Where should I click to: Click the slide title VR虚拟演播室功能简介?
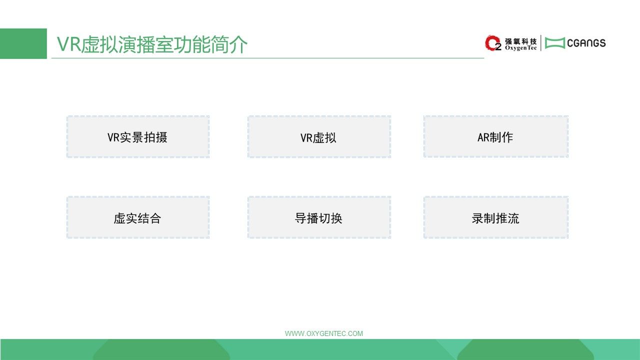click(x=152, y=44)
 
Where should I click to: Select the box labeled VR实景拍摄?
click(x=138, y=136)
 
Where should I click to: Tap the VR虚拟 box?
click(x=319, y=136)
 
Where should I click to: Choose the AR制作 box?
click(x=496, y=136)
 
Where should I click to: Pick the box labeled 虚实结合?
click(x=138, y=217)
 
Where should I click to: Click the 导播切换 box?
click(x=319, y=217)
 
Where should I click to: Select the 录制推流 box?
click(x=496, y=217)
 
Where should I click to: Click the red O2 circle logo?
click(x=492, y=43)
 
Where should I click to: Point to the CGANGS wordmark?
click(x=586, y=43)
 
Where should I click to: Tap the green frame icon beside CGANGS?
click(x=555, y=43)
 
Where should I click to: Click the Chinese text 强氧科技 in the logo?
click(x=520, y=41)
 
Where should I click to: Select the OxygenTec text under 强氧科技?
click(x=520, y=48)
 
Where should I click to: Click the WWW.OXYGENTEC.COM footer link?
click(x=323, y=333)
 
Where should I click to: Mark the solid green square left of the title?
click(x=23, y=43)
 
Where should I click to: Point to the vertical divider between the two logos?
click(x=541, y=43)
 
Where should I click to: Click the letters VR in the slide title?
click(x=69, y=44)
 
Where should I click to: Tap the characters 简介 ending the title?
click(x=229, y=44)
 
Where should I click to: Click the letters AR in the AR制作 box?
click(x=482, y=137)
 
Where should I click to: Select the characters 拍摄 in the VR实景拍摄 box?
click(x=155, y=137)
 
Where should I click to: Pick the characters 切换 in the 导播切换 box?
click(x=330, y=218)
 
